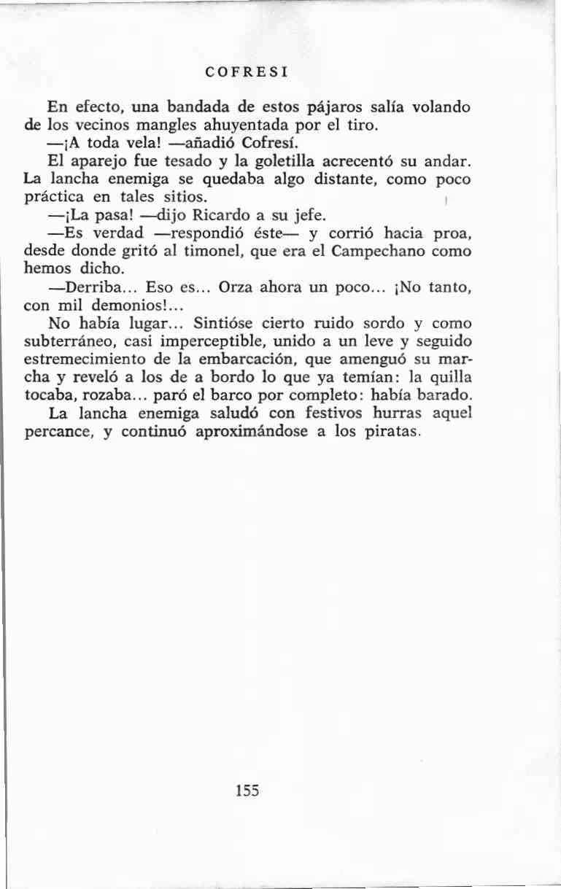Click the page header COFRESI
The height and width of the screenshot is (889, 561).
point(244,72)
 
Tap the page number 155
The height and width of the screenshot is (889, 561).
point(248,791)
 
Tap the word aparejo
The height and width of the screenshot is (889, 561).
point(99,161)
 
